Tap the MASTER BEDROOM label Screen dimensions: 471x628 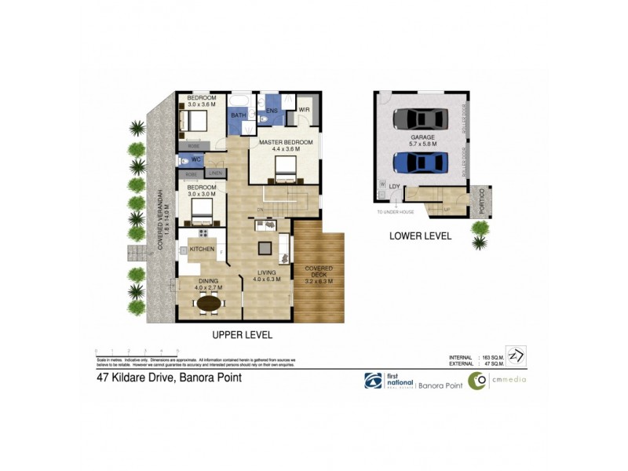tap(280, 142)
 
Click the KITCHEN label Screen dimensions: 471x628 tap(202, 249)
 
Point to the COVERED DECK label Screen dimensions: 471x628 tap(319, 272)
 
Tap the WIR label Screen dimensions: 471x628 tap(304, 110)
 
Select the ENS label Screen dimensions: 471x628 tap(272, 111)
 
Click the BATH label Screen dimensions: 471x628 tap(238, 116)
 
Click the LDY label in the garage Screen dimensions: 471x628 tap(395, 186)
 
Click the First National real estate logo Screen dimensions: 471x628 tap(373, 381)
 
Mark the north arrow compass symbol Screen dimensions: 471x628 tap(516, 355)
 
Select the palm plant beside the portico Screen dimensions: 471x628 tap(478, 234)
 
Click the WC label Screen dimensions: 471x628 tap(196, 159)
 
